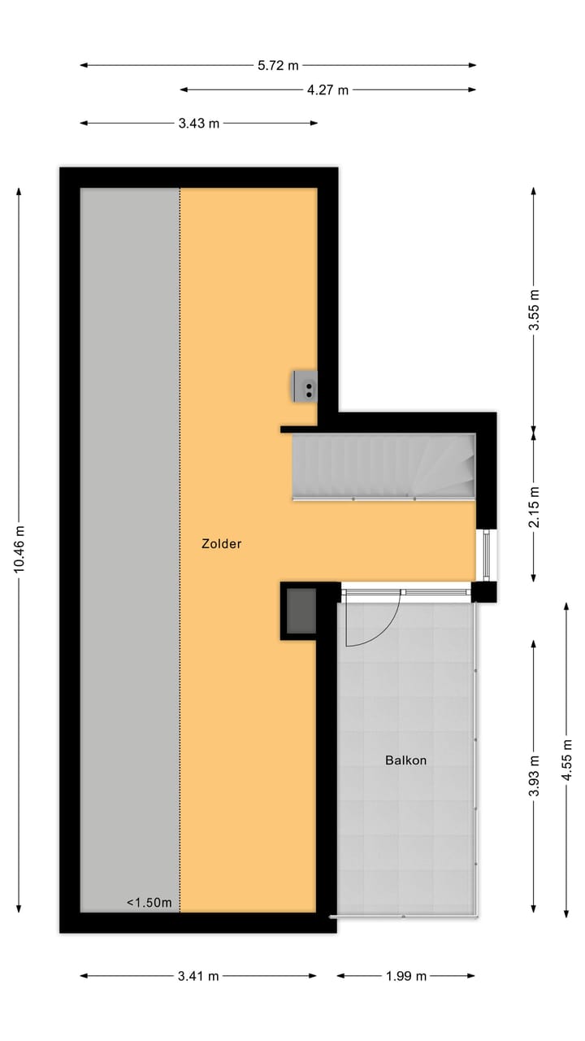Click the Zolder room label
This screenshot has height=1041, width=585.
221,544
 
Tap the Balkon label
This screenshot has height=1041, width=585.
405,760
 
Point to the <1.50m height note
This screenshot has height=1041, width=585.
149,902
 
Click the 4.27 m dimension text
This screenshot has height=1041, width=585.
327,90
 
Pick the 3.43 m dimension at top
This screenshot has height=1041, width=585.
198,124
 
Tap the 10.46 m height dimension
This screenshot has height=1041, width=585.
19,549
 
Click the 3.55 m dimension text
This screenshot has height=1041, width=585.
534,310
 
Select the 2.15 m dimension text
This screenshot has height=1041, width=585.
534,507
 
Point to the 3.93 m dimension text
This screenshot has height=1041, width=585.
534,777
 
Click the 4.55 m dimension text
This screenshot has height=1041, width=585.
566,760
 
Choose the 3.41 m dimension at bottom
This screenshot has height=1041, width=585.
198,976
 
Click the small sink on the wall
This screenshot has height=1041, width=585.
305,385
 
